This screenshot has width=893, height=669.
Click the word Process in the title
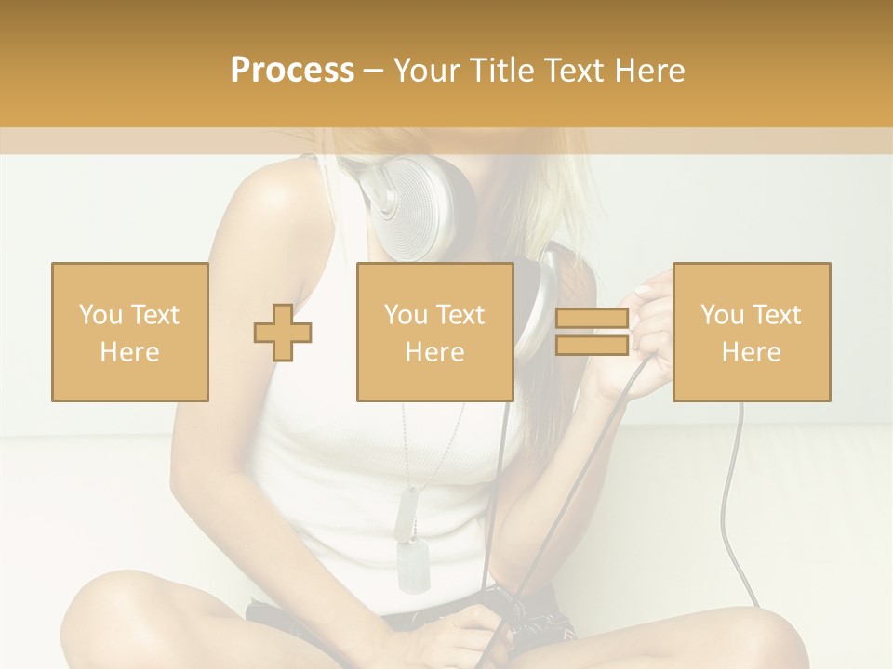coord(292,71)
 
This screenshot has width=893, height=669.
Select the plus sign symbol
coord(283,333)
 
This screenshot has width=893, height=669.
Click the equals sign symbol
coord(592,333)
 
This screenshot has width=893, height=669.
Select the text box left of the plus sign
coord(130,332)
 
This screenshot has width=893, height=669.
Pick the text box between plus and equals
coord(435,332)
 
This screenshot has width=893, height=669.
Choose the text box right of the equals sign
coord(752,332)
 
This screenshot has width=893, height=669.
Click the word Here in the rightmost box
coord(752,352)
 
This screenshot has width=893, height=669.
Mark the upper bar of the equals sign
coord(592,319)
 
